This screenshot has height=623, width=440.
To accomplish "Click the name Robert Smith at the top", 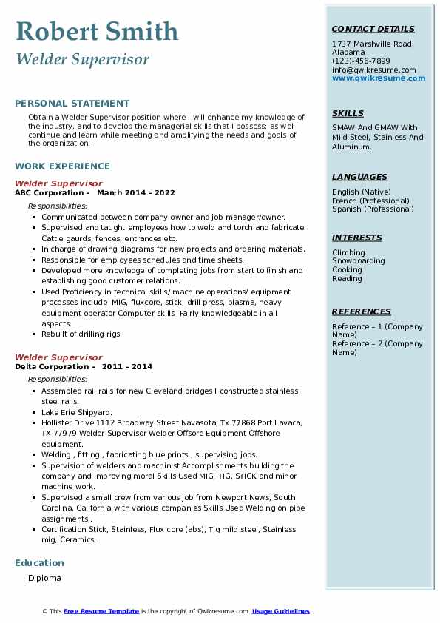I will click(97, 31).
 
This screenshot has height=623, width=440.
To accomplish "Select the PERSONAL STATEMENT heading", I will click(72, 104).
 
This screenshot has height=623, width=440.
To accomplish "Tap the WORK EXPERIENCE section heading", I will click(62, 166).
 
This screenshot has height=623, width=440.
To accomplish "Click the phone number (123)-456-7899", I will click(361, 61).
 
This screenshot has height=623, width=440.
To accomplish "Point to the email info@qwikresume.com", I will click(373, 70).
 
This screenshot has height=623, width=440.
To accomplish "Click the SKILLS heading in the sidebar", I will click(348, 113).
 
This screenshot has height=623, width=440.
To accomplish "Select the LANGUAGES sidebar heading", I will click(359, 177).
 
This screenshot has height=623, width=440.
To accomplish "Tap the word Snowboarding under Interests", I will click(358, 261).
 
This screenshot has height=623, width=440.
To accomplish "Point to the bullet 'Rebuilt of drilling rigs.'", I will click(81, 334).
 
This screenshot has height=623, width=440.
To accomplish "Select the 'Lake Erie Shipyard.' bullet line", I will click(77, 412).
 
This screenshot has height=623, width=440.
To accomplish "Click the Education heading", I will click(39, 562).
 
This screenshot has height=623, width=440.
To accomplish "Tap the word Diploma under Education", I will click(44, 578).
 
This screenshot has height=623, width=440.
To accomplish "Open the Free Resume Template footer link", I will click(101, 611).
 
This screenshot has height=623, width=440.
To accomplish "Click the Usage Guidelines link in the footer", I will click(281, 611).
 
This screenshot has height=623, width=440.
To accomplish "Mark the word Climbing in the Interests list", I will click(348, 252).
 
